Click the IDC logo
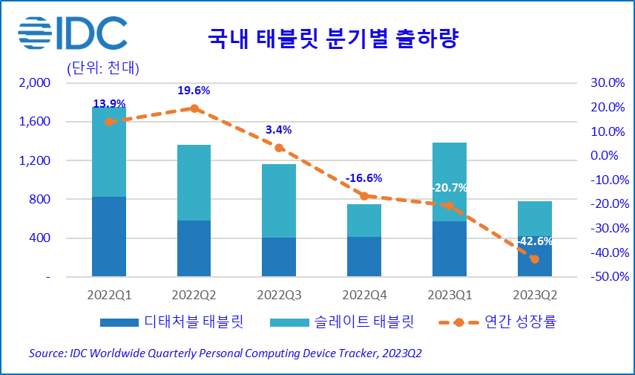(x=73, y=33)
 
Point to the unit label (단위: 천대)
(x=103, y=69)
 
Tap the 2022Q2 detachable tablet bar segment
(x=194, y=249)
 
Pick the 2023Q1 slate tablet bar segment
(x=449, y=182)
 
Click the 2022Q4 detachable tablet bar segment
(x=364, y=257)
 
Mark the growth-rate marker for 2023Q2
(x=534, y=258)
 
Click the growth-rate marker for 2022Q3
(x=279, y=148)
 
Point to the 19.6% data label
(x=194, y=91)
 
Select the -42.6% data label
(x=534, y=241)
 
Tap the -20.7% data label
(x=449, y=188)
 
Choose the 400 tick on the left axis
(x=42, y=238)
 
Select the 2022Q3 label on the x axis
(x=279, y=295)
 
